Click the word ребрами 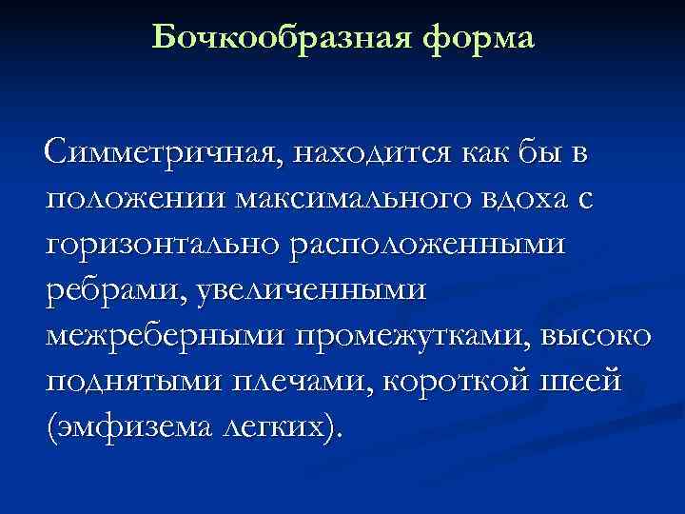tap(106, 289)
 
